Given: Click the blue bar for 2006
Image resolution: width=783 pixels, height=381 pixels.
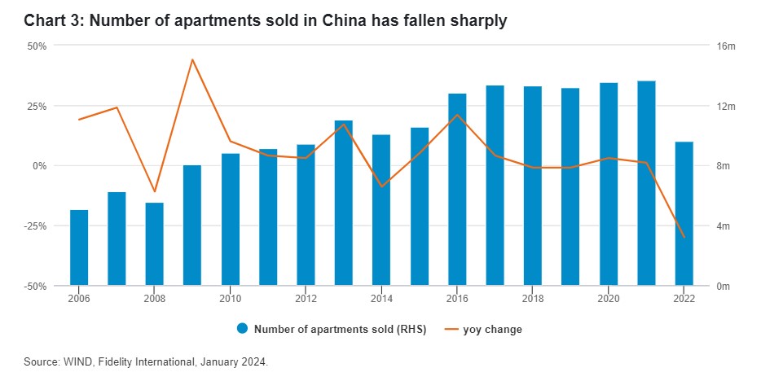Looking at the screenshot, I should [x=79, y=247].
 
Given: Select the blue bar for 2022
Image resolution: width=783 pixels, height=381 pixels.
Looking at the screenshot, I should [x=684, y=213].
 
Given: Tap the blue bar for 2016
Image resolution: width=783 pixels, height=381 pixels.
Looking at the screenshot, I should [x=457, y=189].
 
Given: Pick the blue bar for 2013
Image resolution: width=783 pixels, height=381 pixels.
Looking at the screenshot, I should [x=344, y=203].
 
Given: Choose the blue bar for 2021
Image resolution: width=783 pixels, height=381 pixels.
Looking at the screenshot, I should [x=646, y=183].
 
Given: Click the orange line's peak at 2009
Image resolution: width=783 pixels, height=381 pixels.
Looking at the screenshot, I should [x=192, y=59].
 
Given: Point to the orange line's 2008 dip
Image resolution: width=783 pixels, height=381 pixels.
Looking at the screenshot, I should [x=155, y=192].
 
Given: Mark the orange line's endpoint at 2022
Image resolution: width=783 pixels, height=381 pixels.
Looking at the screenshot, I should [x=684, y=238].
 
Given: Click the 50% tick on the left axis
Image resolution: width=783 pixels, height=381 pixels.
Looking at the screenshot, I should [x=37, y=46].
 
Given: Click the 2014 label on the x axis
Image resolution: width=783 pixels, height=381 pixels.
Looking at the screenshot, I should [x=381, y=298].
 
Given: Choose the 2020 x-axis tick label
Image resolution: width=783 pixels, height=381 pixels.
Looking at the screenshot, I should [x=609, y=298].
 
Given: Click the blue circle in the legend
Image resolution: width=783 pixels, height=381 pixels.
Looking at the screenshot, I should [x=242, y=330].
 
